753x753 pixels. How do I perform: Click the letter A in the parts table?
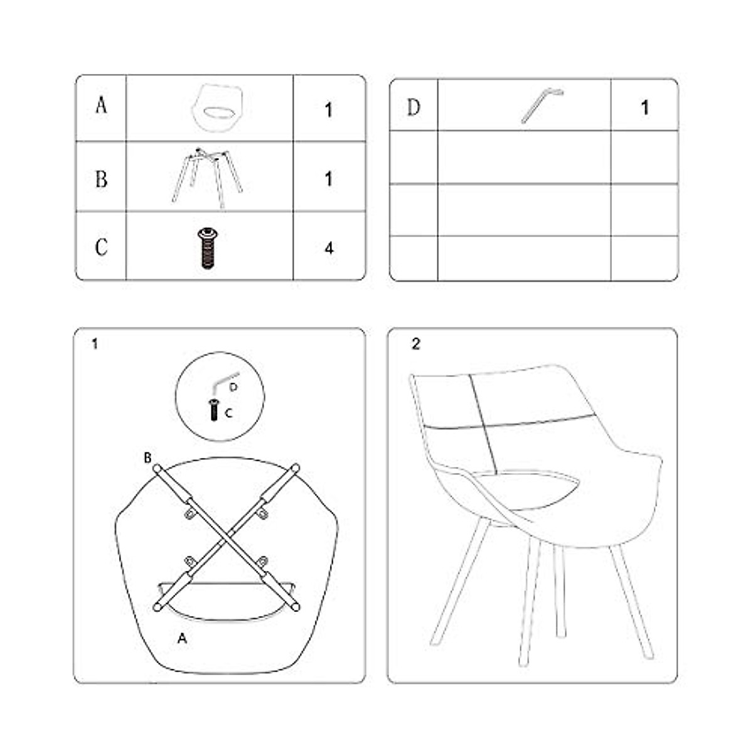coord(101,105)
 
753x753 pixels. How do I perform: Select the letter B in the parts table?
coord(101,179)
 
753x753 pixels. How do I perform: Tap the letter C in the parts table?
coord(101,247)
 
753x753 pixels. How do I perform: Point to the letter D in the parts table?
coord(414,107)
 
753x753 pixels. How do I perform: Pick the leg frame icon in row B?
coord(208,177)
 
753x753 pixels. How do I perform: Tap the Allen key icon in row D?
coord(542,105)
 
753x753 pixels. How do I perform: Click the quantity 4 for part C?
coord(329,248)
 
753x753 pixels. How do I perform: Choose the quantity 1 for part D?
coord(644,108)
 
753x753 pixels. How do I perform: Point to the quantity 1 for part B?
coord(329,179)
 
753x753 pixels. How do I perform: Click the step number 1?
coord(95,344)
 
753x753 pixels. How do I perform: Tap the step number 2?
coord(415,344)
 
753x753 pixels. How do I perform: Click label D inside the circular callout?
coord(233,388)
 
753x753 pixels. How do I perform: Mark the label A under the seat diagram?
coord(182,639)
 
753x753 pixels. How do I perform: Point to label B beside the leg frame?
coord(147,458)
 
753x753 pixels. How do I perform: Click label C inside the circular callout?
coord(228,414)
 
